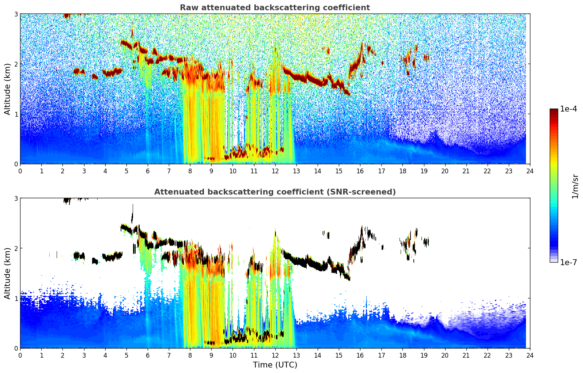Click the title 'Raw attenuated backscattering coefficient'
point(275,8)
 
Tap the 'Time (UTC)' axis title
point(275,365)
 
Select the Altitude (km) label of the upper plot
point(7,89)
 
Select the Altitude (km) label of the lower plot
point(7,273)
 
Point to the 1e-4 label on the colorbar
point(568,109)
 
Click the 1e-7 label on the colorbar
point(568,262)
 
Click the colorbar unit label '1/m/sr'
point(575,186)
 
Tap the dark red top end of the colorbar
point(554,110)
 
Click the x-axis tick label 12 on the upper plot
point(275,171)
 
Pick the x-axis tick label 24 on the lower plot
point(530,355)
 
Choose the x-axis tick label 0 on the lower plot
point(20,355)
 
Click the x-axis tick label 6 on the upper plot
point(148,171)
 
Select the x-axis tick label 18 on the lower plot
point(402,355)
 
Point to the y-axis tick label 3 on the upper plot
point(16,14)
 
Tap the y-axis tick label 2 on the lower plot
point(16,248)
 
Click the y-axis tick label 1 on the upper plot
point(16,114)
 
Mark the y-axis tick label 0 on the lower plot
point(16,348)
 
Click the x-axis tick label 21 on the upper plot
point(466,171)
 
